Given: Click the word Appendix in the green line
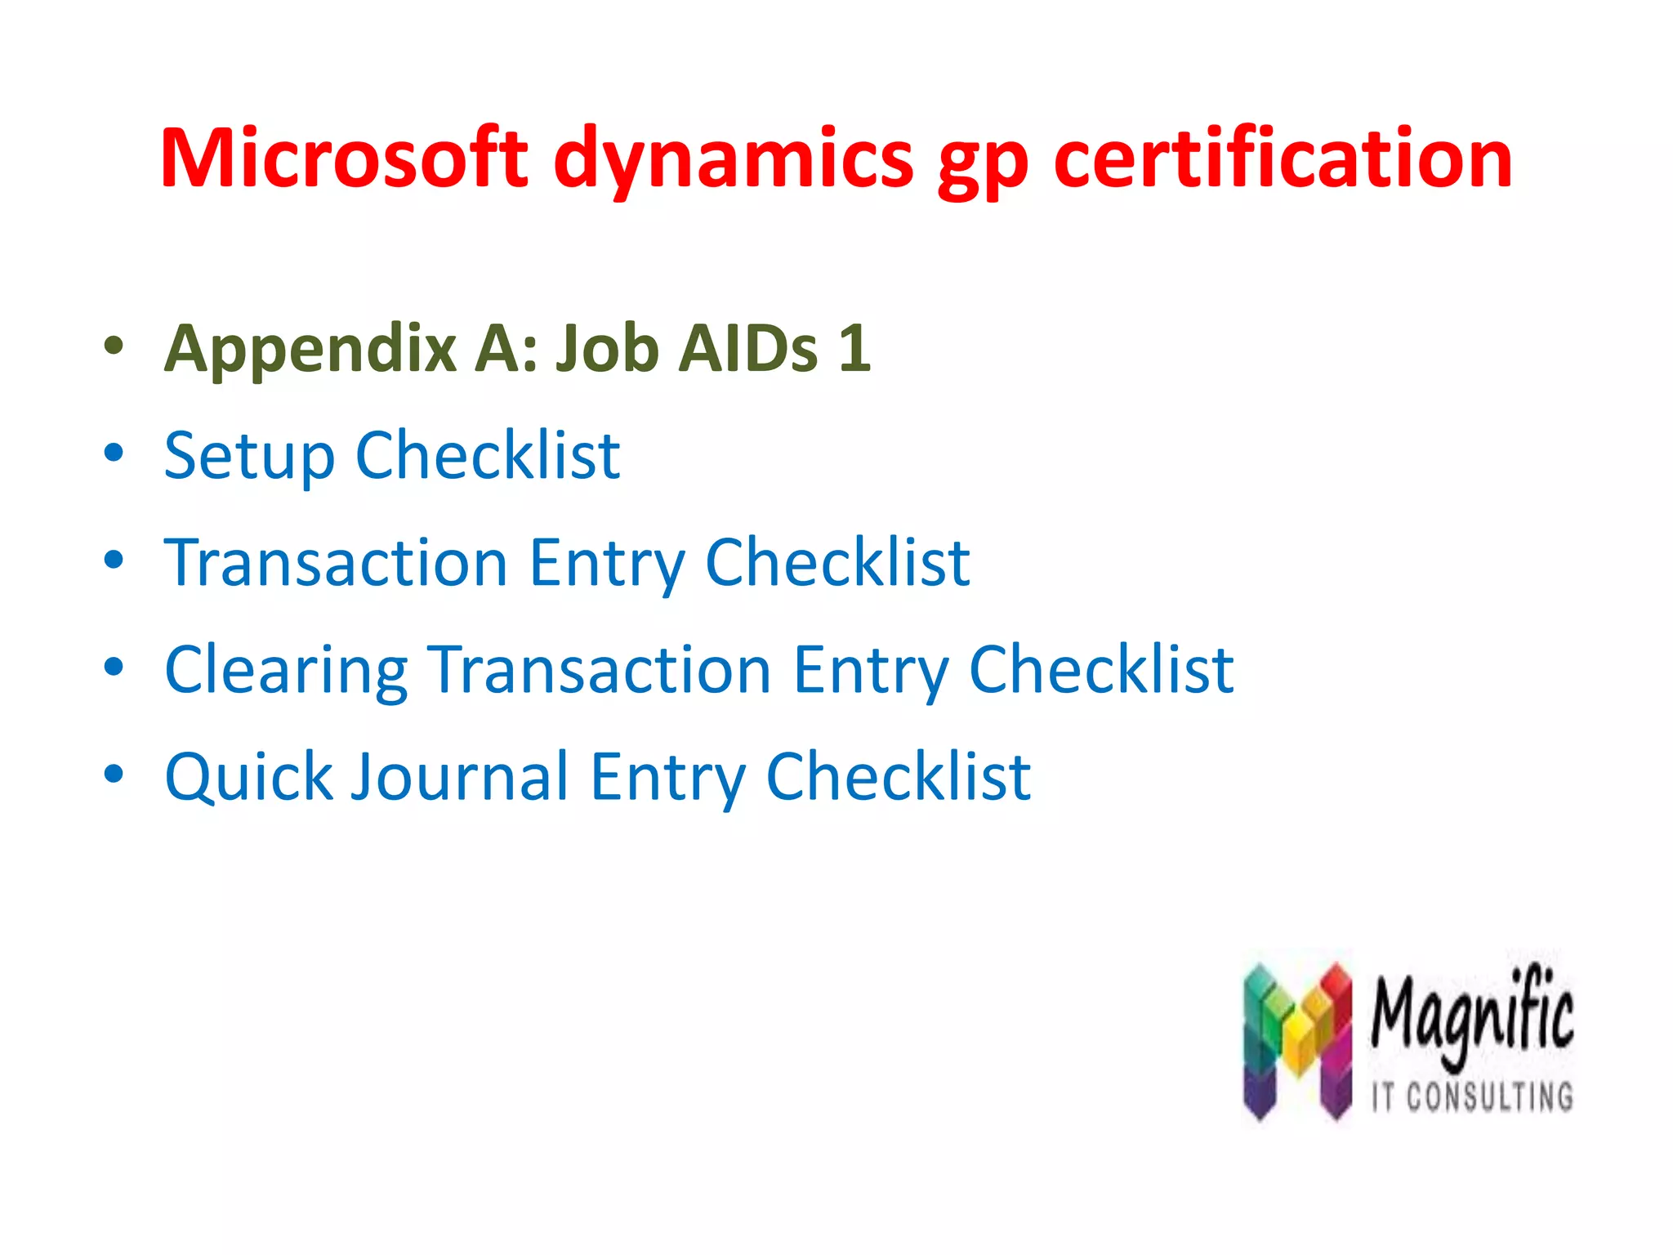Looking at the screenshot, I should coord(310,350).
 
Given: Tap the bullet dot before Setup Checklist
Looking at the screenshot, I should coord(114,453).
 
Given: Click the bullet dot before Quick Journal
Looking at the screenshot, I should coord(114,774).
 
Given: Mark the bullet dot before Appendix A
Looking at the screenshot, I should coord(114,346).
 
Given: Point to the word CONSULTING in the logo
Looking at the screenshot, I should coord(1489,1096).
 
